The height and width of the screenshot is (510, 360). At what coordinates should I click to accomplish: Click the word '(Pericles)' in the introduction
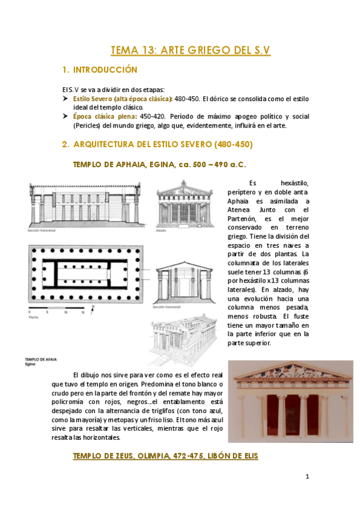click(88, 126)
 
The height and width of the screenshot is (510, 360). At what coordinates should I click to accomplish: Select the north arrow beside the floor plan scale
click(92, 309)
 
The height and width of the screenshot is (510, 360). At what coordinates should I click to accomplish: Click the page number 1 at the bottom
click(307, 478)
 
